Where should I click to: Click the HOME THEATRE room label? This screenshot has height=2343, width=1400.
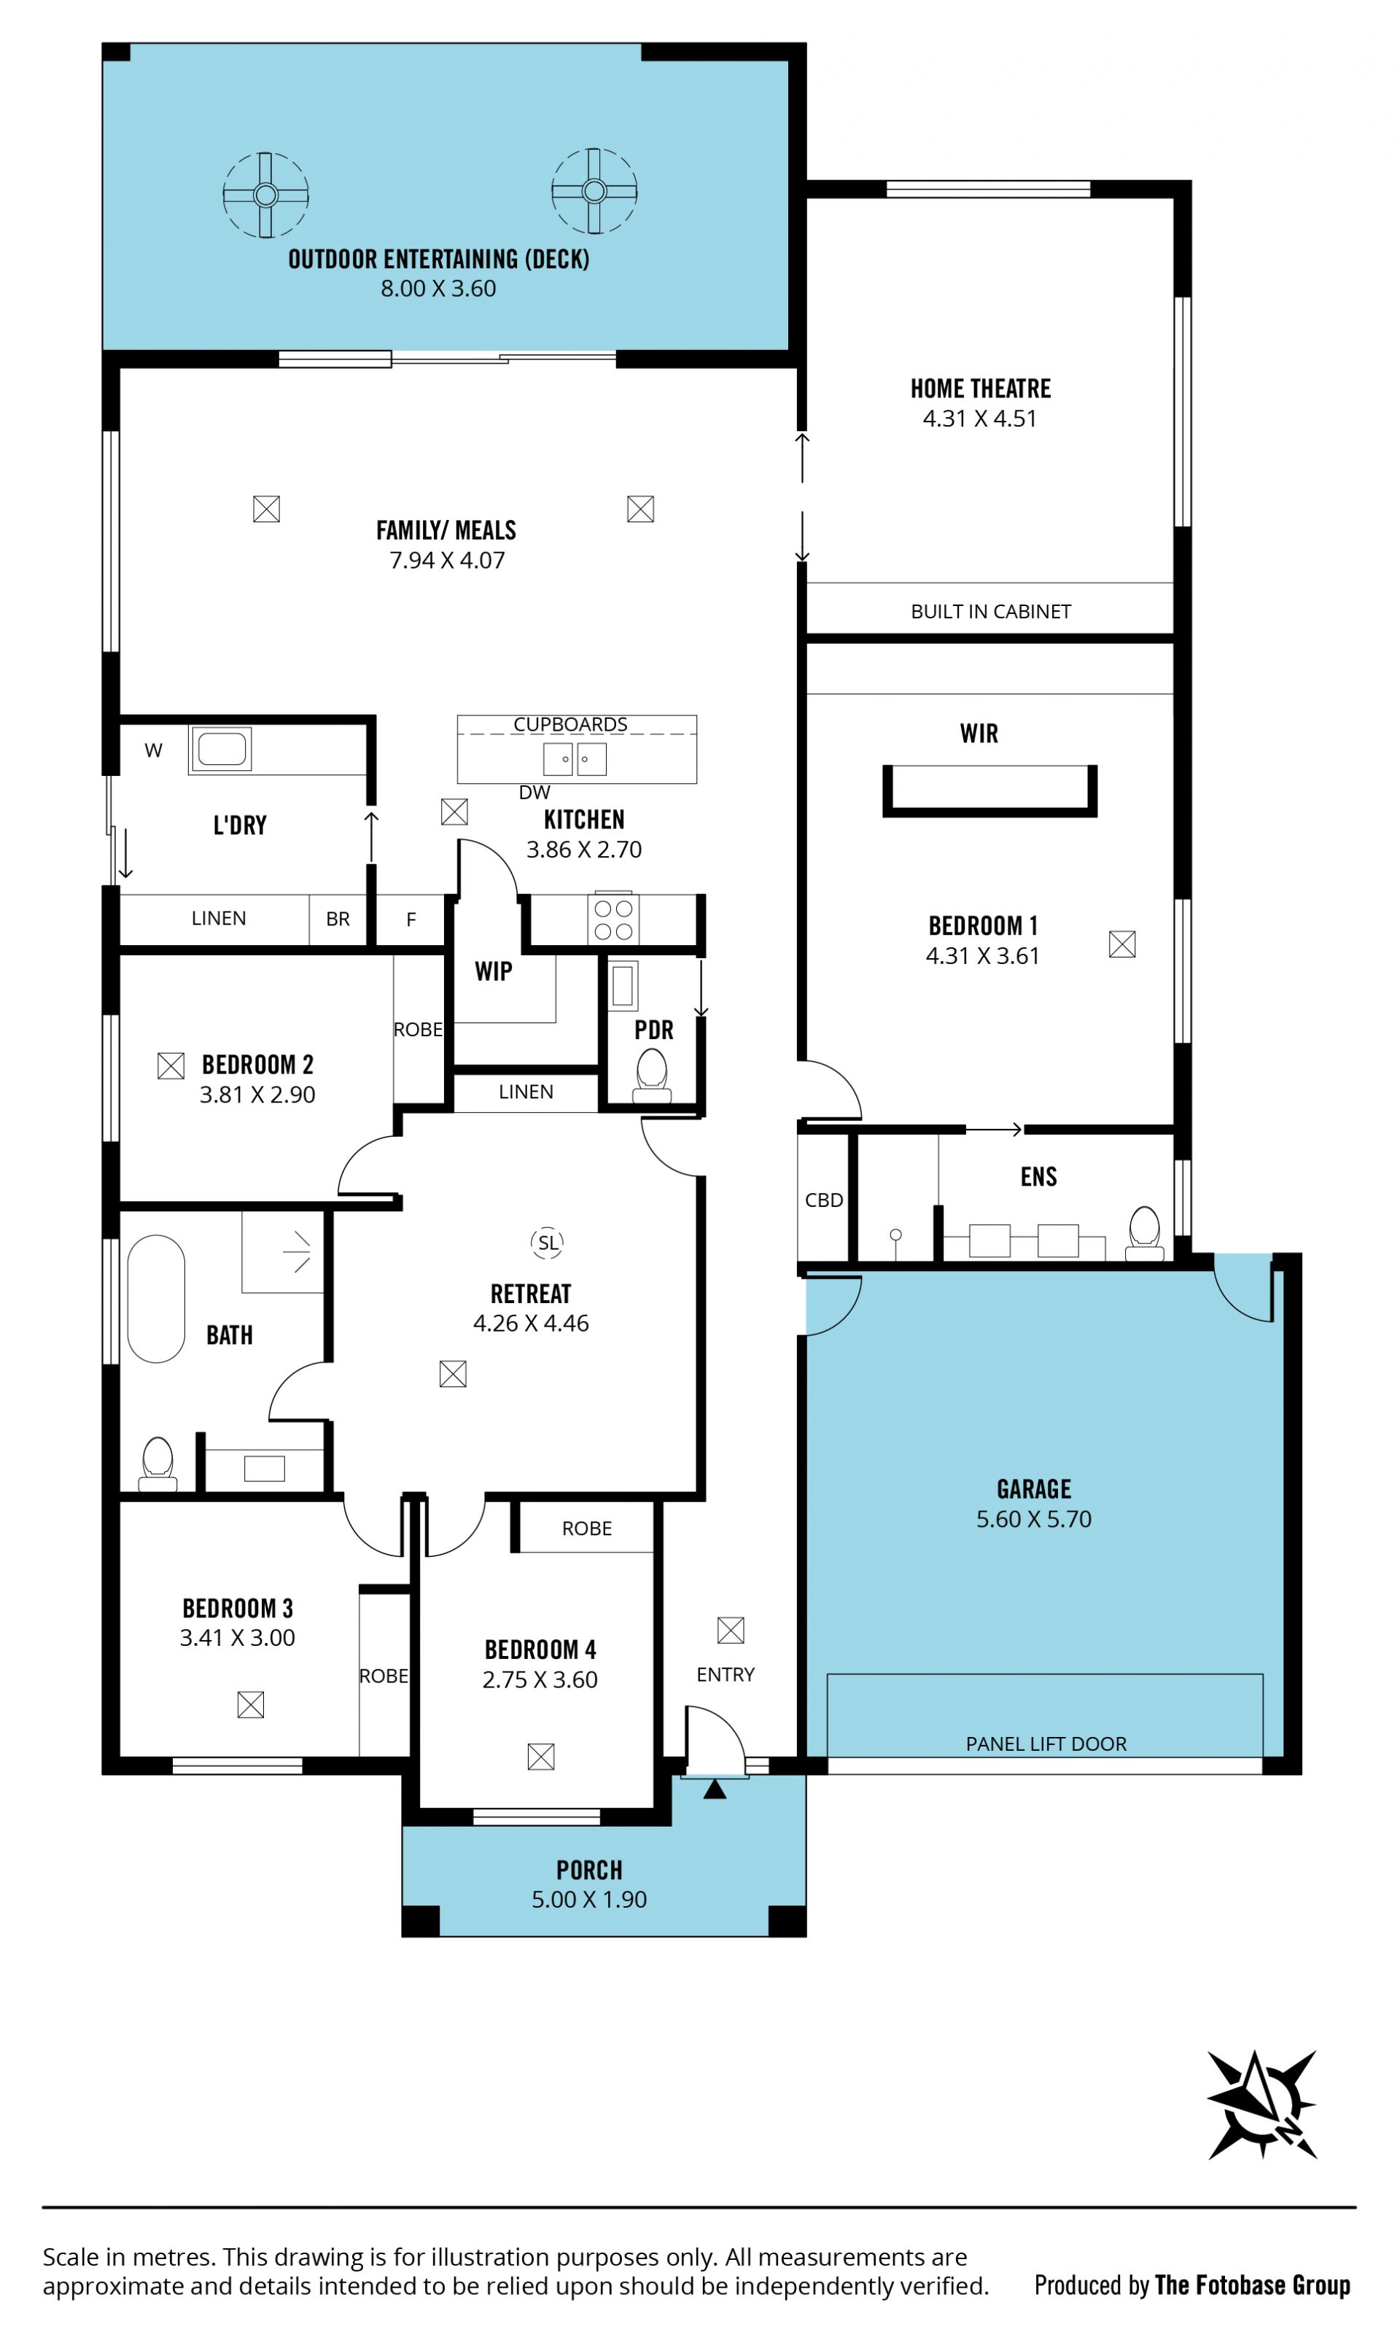click(980, 389)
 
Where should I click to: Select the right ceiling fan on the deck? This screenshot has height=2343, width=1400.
click(594, 190)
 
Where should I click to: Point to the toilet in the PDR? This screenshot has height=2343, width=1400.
click(652, 1077)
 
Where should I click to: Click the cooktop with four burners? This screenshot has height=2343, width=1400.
click(613, 919)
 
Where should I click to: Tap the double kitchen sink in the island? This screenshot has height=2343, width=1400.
click(575, 758)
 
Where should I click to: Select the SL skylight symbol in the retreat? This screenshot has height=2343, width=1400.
click(548, 1243)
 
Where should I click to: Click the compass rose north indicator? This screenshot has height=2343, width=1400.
click(1263, 2105)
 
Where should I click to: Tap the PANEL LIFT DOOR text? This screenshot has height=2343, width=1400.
click(1046, 1744)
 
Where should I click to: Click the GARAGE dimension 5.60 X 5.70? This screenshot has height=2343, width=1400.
click(1034, 1518)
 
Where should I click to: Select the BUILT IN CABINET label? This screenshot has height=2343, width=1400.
click(990, 611)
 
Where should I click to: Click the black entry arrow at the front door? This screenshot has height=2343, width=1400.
click(715, 1788)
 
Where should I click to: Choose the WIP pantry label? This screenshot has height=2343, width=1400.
click(494, 971)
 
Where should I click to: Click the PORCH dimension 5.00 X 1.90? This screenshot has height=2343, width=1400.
click(590, 1899)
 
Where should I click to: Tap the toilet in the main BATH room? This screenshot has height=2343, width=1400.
click(157, 1463)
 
